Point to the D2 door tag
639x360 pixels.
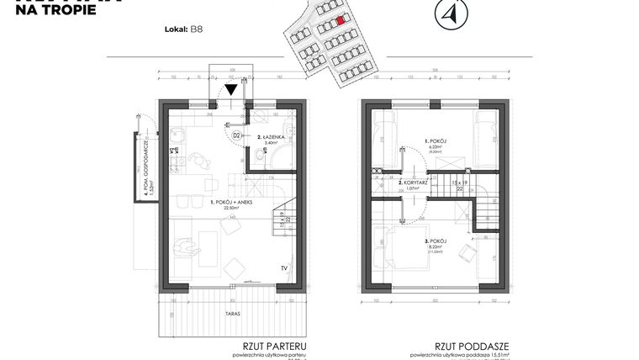[x=237, y=134]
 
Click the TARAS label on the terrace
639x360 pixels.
[x=233, y=313]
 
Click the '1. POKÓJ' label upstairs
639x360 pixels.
[x=436, y=140]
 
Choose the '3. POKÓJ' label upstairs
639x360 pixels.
[x=436, y=241]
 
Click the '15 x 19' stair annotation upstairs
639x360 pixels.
[x=460, y=181]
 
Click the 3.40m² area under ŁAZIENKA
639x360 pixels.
[x=271, y=143]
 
